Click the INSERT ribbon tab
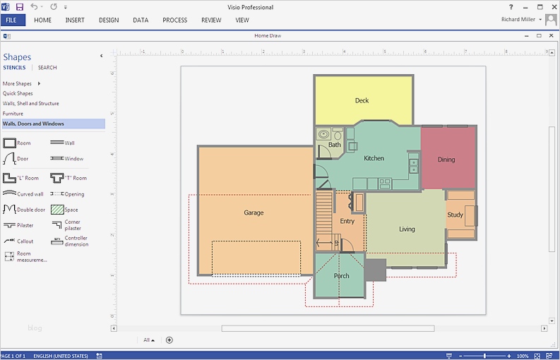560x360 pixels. (x=75, y=20)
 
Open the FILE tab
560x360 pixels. (x=12, y=20)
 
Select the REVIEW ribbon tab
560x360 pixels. (x=211, y=20)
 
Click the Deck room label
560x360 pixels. (x=362, y=101)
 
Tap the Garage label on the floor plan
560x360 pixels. (x=254, y=212)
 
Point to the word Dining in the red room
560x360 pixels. (x=446, y=160)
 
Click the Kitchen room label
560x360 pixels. (x=374, y=158)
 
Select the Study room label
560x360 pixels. (x=455, y=215)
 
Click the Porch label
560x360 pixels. (x=342, y=276)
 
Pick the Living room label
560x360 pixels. (x=407, y=229)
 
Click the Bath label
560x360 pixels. (x=334, y=145)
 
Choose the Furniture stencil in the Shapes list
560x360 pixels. (x=13, y=114)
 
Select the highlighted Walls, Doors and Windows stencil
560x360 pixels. (x=33, y=124)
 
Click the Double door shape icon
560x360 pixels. (x=10, y=210)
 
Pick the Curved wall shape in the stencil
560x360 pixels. (x=10, y=193)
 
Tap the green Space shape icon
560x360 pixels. (x=57, y=210)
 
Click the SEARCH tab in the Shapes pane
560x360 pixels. (x=47, y=68)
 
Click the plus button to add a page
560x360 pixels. (x=169, y=340)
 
